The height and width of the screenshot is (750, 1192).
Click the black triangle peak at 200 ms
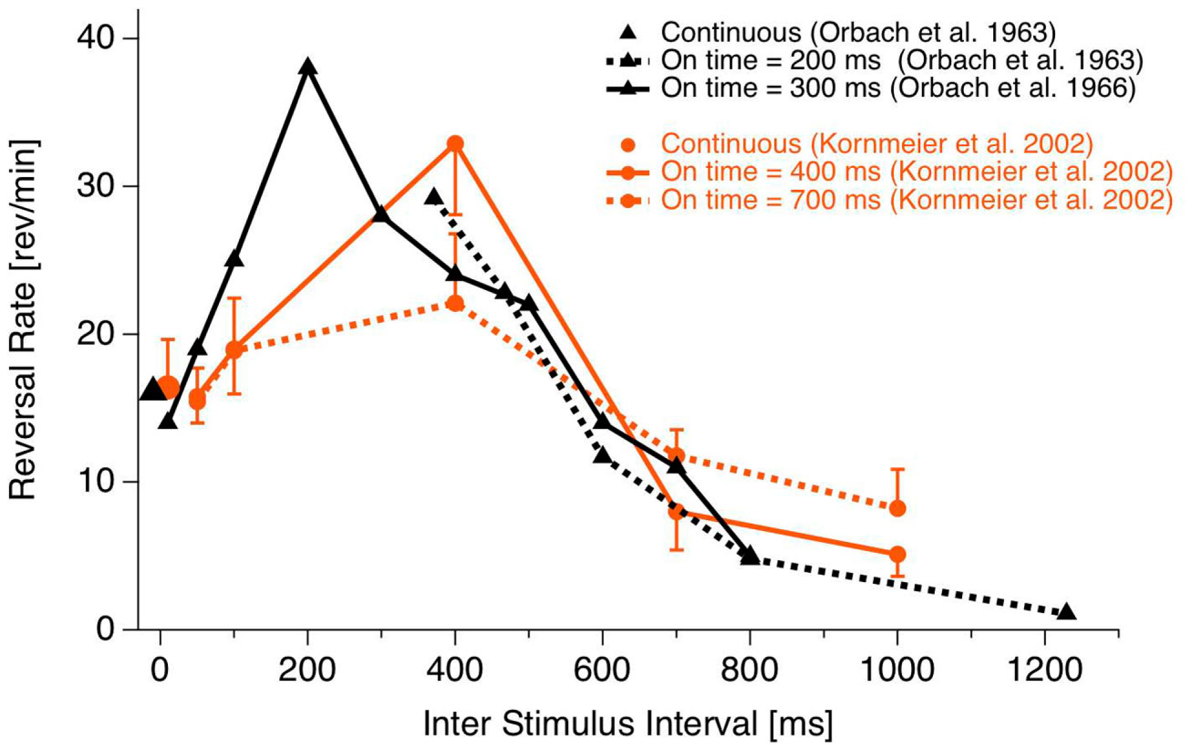point(308,67)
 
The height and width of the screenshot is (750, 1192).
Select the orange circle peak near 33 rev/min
point(455,144)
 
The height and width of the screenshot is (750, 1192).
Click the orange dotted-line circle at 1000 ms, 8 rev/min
point(897,509)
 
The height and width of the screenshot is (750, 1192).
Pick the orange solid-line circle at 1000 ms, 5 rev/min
point(897,554)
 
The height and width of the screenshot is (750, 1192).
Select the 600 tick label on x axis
point(602,670)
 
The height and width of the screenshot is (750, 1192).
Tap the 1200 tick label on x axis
point(1044,670)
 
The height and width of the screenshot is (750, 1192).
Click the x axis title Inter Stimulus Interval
point(627,724)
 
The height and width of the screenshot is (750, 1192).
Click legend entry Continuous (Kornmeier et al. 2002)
point(876,144)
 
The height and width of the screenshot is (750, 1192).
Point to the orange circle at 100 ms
point(234,350)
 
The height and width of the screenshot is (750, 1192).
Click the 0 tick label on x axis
point(160,670)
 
